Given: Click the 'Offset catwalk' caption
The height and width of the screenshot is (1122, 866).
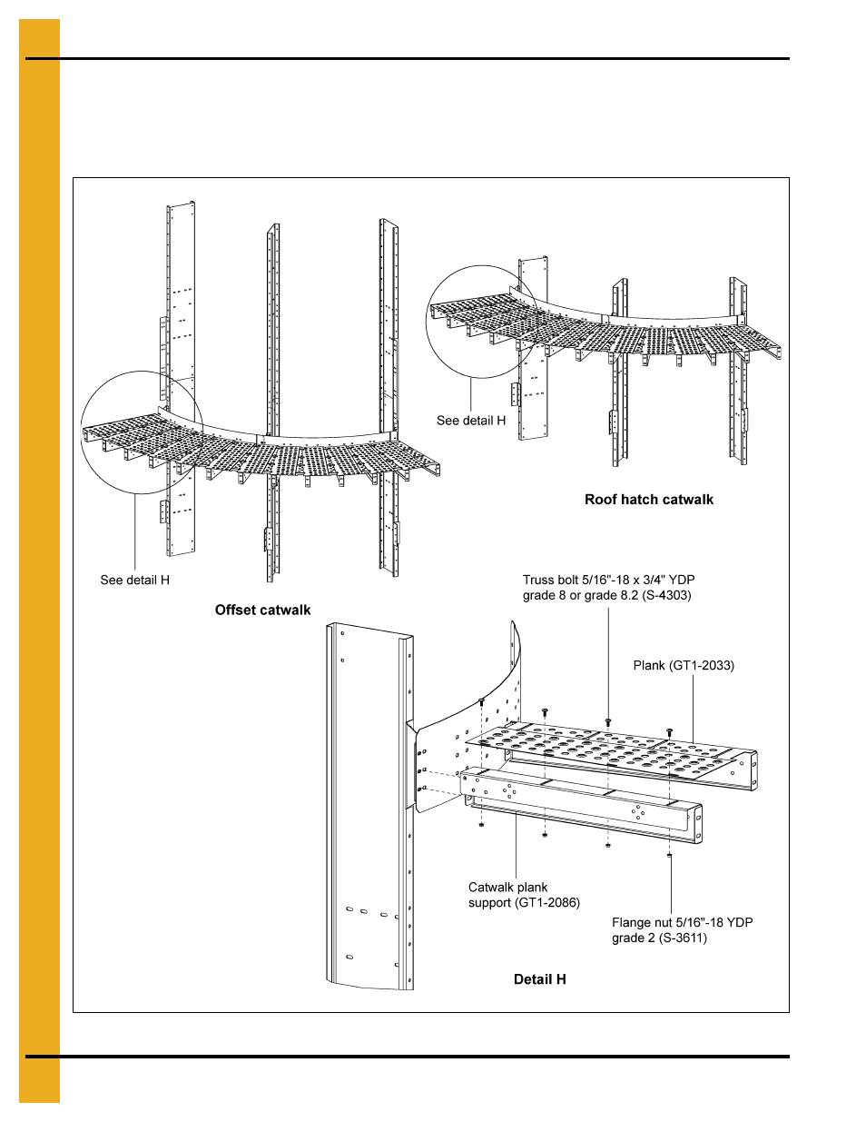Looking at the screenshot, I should [x=262, y=611].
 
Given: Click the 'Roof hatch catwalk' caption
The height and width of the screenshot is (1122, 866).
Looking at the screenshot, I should [x=648, y=500].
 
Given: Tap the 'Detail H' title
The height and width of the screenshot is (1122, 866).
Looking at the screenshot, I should [x=539, y=979].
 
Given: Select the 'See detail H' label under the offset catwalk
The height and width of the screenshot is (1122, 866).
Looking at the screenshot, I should [x=134, y=581].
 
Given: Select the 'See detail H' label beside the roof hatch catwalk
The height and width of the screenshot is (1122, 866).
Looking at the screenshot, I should [x=470, y=421].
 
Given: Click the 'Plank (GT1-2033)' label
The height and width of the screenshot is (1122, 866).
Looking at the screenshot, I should [x=683, y=666].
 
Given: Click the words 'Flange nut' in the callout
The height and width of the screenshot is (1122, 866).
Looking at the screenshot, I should [x=642, y=923].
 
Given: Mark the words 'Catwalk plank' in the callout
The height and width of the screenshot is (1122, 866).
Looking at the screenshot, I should [x=507, y=888].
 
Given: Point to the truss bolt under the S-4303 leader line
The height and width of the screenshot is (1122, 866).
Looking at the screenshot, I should [x=607, y=722].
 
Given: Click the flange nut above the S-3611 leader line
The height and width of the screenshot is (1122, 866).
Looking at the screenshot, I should [x=669, y=855].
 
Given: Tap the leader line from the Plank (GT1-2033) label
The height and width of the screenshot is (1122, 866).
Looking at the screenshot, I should [x=693, y=709].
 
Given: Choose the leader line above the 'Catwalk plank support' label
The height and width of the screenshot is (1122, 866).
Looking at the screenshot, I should [x=516, y=845].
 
